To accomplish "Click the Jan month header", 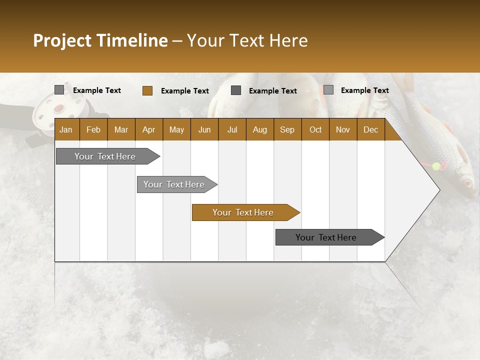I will [66, 129].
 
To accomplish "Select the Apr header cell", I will [148, 129].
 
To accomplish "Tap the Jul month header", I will [232, 129].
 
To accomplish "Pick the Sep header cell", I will [287, 129].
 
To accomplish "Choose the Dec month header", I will [370, 129].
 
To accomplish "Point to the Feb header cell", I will [93, 129].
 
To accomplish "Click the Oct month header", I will [315, 129].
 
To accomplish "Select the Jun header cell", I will [204, 129].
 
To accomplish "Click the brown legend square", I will [147, 90].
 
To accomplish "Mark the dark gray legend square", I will [236, 90].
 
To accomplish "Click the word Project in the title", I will [62, 40].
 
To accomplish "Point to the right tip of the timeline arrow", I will [439, 190].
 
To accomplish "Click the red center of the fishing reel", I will [59, 108].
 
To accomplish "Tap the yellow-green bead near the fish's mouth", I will [436, 166].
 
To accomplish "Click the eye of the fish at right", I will [468, 182].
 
